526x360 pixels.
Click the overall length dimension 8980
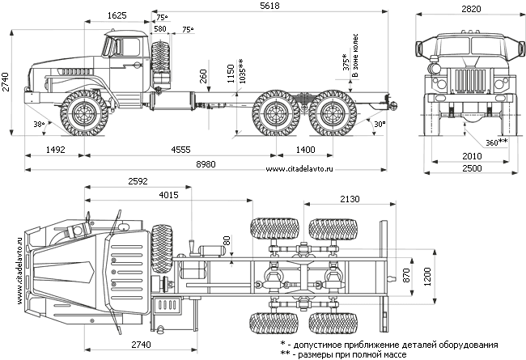point(206,164)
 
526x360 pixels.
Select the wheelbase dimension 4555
point(180,150)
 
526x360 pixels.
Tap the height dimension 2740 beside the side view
point(6,82)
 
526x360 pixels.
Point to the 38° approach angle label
point(39,124)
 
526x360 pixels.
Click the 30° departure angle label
point(380,125)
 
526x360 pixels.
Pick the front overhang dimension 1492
point(55,150)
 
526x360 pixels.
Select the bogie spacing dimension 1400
point(305,150)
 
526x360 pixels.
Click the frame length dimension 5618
point(269,6)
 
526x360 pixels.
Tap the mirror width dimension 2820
point(471,9)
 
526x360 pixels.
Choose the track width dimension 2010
point(472,156)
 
